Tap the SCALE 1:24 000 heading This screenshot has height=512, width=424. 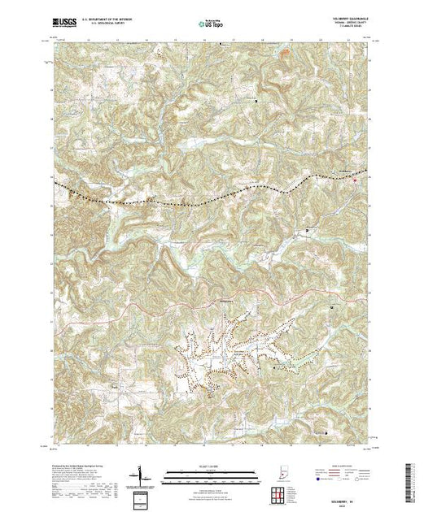(212, 466)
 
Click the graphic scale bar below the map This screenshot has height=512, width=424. (212, 474)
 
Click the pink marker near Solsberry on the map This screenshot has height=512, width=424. (354, 180)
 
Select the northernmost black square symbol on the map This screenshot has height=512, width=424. (258, 101)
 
